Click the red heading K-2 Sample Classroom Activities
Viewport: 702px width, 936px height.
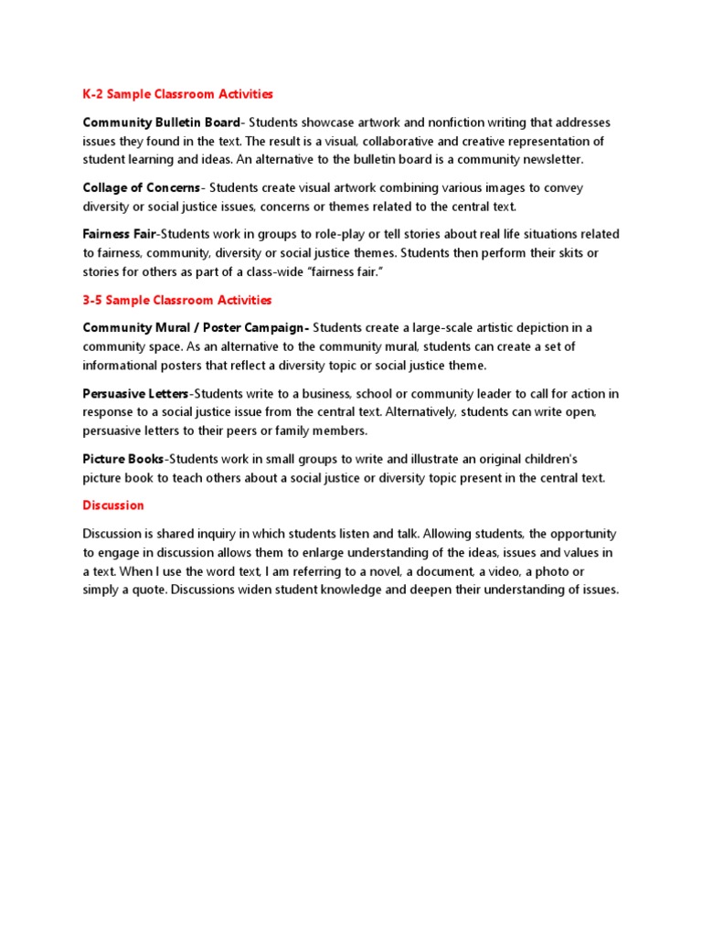pyautogui.click(x=177, y=94)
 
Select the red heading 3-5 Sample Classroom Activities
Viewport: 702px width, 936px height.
pyautogui.click(x=177, y=300)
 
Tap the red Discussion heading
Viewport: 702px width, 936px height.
pyautogui.click(x=113, y=505)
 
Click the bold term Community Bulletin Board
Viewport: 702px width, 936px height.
pyautogui.click(x=161, y=122)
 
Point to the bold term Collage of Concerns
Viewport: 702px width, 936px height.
pyautogui.click(x=141, y=187)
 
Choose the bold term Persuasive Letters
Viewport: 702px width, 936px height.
pyautogui.click(x=135, y=394)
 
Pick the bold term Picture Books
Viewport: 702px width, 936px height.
pyautogui.click(x=123, y=459)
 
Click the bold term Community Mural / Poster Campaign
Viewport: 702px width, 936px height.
pyautogui.click(x=196, y=328)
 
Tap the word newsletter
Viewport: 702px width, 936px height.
pyautogui.click(x=550, y=160)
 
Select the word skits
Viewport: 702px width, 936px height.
pyautogui.click(x=533, y=253)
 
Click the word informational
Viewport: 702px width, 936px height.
pyautogui.click(x=128, y=366)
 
